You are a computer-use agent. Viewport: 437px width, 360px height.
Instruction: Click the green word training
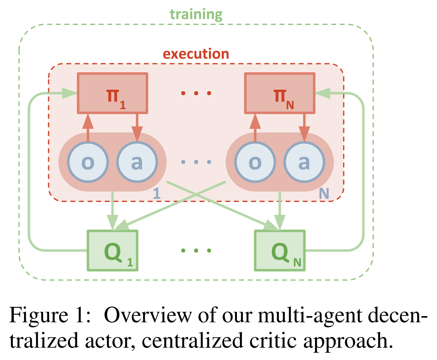[x=196, y=14]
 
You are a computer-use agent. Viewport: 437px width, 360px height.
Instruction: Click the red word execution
[x=196, y=53]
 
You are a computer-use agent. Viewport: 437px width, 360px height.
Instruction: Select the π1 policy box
[x=113, y=93]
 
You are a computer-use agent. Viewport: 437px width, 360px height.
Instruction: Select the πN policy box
[x=279, y=93]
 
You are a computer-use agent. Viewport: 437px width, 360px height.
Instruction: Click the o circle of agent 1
[x=87, y=163]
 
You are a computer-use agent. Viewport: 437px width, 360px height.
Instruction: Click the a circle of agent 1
[x=137, y=163]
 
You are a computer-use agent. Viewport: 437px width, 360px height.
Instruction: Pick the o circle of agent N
[x=255, y=163]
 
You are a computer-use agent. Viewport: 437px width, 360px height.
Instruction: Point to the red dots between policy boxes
[x=196, y=93]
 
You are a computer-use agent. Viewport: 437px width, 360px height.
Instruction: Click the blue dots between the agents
[x=196, y=162]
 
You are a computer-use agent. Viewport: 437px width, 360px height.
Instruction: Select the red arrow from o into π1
[x=88, y=126]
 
